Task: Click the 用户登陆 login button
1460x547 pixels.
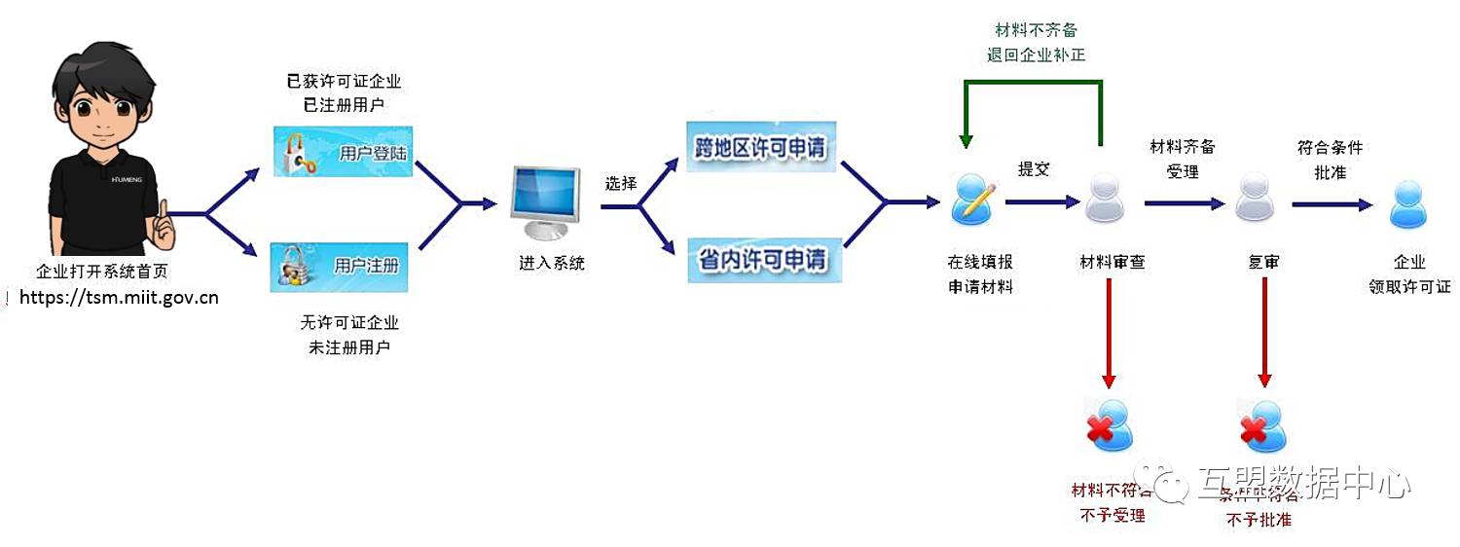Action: (x=341, y=153)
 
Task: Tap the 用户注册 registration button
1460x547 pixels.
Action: (x=339, y=266)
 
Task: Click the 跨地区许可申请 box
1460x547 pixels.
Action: (x=761, y=148)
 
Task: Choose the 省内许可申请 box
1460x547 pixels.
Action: (x=761, y=260)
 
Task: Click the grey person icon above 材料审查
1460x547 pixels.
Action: (x=1104, y=199)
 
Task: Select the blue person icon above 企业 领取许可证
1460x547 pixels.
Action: (x=1408, y=204)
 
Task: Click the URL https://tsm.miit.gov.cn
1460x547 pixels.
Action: (x=119, y=298)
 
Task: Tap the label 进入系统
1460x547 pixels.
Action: (x=552, y=263)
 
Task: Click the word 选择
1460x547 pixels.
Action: (x=620, y=183)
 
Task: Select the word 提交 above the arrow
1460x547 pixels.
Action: (x=1034, y=168)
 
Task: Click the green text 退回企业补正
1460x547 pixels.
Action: (x=1036, y=55)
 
